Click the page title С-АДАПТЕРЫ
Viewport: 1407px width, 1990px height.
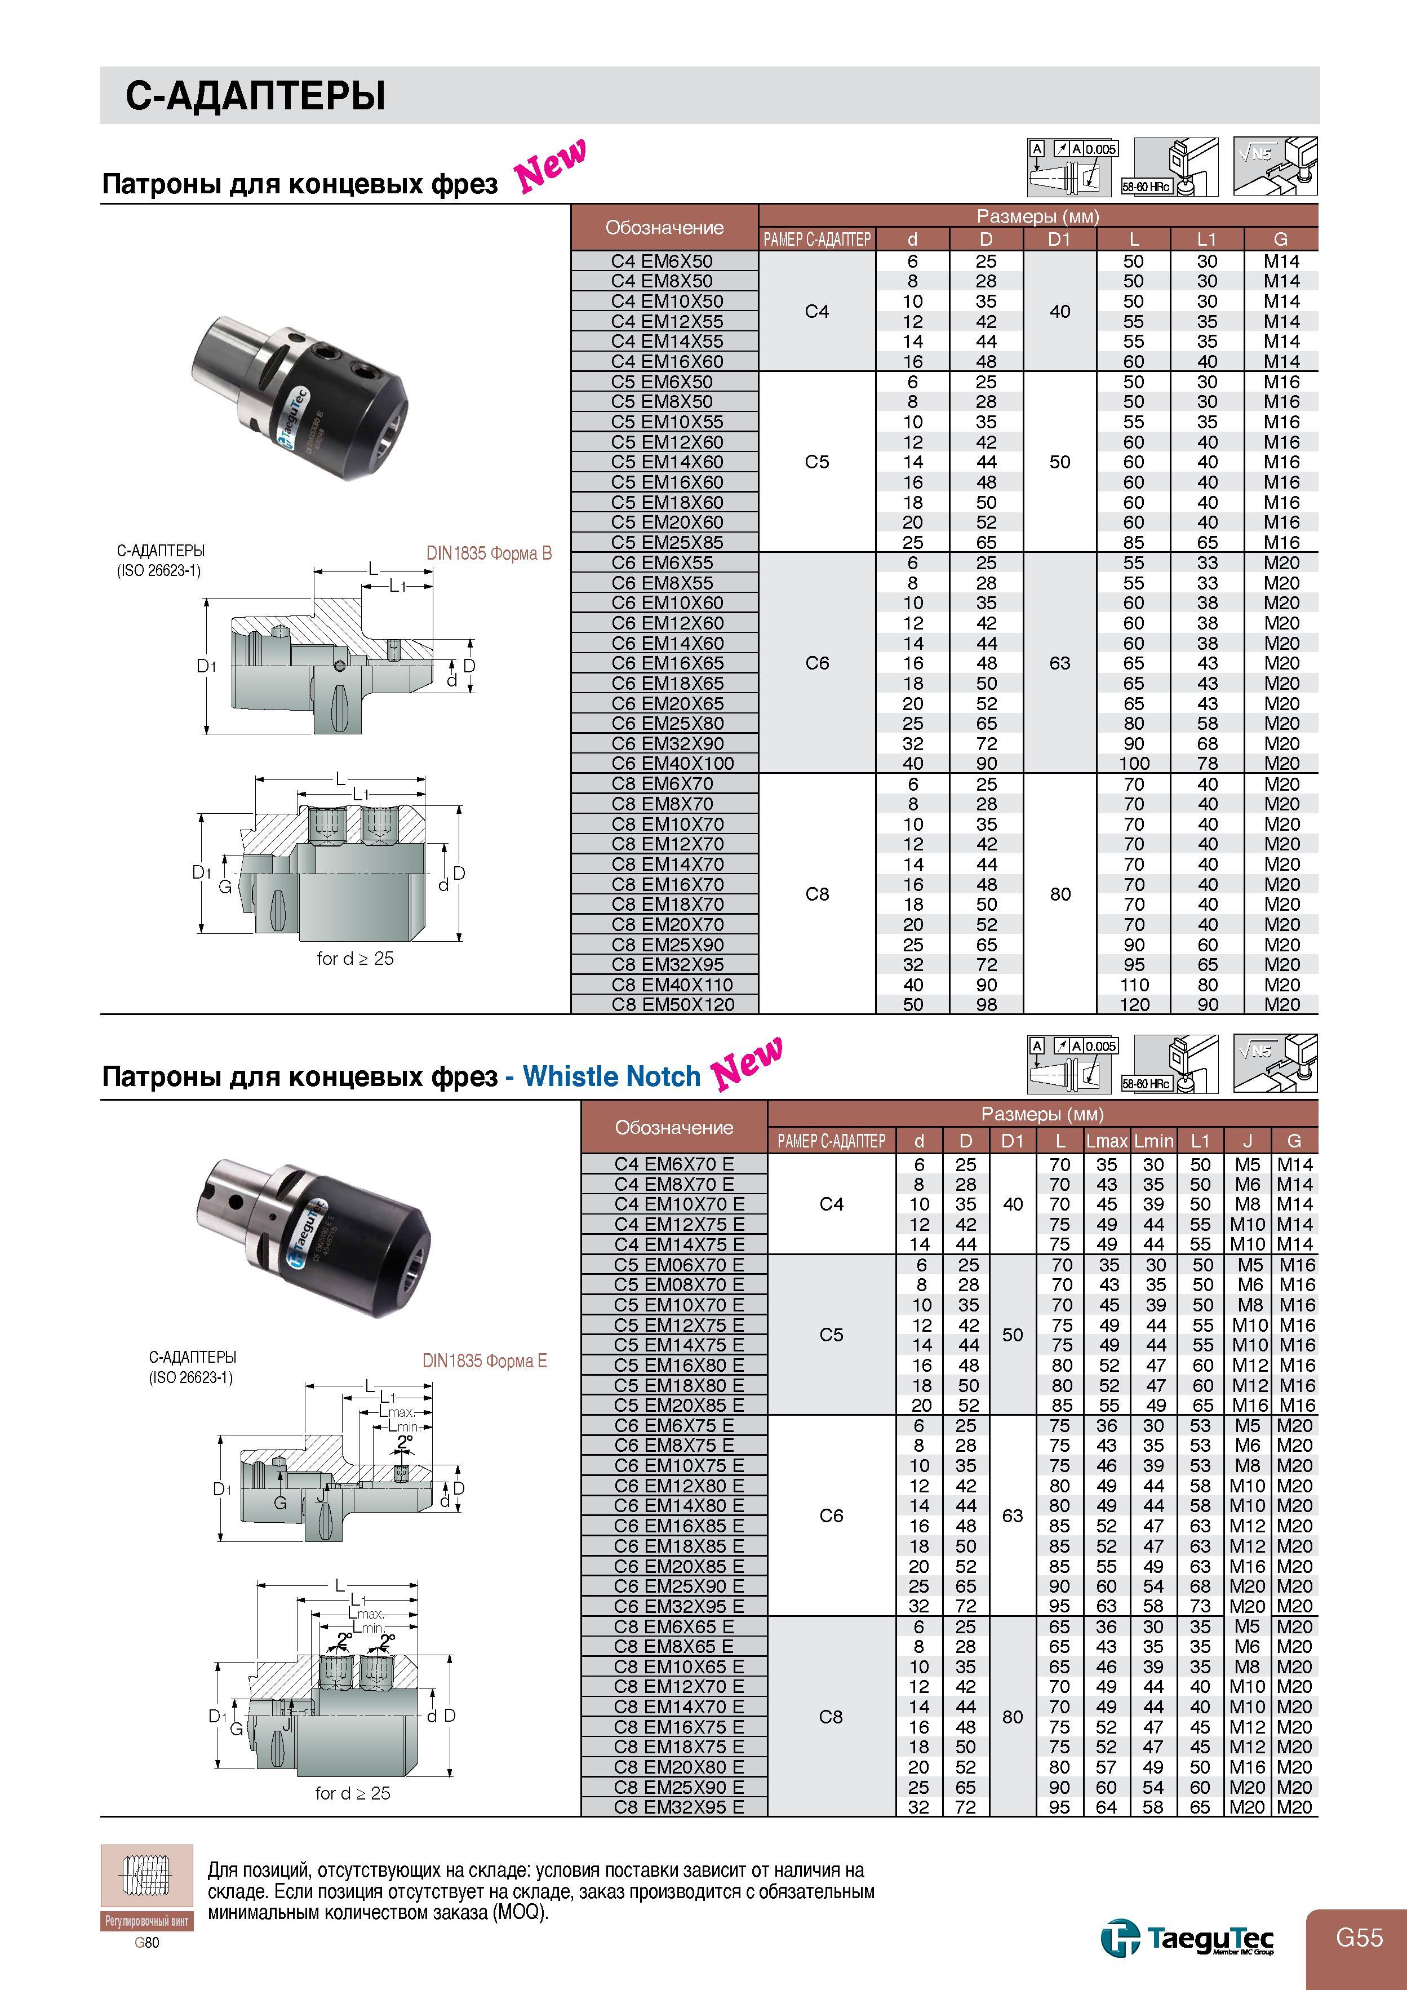(256, 95)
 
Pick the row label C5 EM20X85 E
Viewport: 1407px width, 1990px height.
(678, 1405)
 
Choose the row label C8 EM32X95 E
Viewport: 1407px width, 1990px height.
(678, 1807)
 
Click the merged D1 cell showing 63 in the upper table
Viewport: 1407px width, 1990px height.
(1059, 663)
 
